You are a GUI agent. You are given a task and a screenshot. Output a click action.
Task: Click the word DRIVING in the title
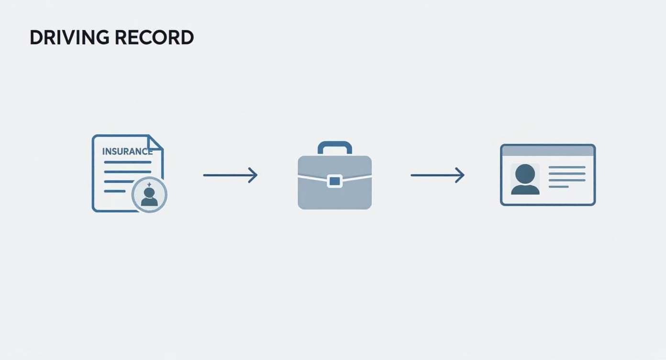coord(67,38)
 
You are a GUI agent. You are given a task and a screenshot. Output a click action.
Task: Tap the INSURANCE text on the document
coord(127,152)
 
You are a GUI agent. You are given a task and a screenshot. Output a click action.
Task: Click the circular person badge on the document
coord(149,195)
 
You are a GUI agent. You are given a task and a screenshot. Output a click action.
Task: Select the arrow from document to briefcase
coord(230,175)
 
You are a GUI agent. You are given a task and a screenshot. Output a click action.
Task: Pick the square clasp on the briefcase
coord(335,181)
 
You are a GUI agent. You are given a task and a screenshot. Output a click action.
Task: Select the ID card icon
coord(548,175)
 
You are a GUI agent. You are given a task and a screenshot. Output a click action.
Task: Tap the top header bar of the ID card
coord(548,150)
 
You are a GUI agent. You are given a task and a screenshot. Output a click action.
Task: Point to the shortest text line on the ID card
coord(558,187)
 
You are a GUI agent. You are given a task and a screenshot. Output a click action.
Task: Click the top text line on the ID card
coord(567,168)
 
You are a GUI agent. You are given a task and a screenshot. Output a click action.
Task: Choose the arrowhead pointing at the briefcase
coord(254,175)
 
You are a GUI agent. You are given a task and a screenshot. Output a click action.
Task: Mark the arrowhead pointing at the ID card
coord(460,175)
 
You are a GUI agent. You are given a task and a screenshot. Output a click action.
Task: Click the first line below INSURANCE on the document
coord(128,162)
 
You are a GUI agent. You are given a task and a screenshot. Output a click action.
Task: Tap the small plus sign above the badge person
coord(149,184)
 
